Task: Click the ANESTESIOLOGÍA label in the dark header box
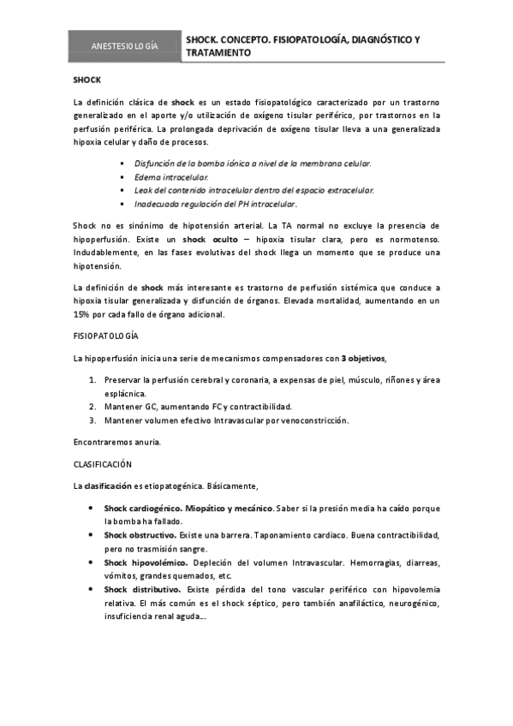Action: (124, 45)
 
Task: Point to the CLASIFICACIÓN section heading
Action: (102, 464)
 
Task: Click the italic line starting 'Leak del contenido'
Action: (254, 190)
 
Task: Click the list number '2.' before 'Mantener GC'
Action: (92, 407)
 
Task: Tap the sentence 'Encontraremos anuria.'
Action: (117, 442)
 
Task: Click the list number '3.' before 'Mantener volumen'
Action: (92, 420)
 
